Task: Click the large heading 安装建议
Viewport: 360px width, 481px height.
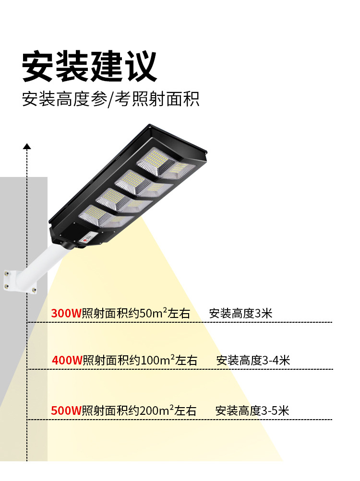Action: pyautogui.click(x=90, y=67)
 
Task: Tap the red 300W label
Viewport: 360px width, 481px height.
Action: pyautogui.click(x=66, y=314)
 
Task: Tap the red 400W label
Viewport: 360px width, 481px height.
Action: pyautogui.click(x=67, y=361)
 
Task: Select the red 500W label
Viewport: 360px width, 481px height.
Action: pyautogui.click(x=66, y=411)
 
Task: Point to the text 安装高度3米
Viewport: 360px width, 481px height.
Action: pyautogui.click(x=240, y=314)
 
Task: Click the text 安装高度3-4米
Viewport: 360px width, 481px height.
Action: pyautogui.click(x=253, y=361)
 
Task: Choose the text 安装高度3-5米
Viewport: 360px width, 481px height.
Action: pyautogui.click(x=252, y=411)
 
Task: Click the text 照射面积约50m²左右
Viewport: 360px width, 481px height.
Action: pyautogui.click(x=136, y=314)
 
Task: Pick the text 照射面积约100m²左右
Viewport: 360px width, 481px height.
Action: pyautogui.click(x=140, y=361)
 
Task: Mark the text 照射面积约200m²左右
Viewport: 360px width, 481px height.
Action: pyautogui.click(x=139, y=411)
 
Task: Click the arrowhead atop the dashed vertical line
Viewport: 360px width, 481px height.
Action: pyautogui.click(x=27, y=146)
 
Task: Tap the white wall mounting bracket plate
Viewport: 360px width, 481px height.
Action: pyautogui.click(x=19, y=281)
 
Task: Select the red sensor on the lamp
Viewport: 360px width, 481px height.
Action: pyautogui.click(x=88, y=237)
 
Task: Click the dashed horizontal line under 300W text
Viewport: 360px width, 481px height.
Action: pyautogui.click(x=192, y=322)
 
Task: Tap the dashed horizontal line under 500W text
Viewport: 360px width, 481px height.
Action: pyautogui.click(x=192, y=420)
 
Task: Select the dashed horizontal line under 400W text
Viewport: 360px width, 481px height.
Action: pyautogui.click(x=192, y=369)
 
